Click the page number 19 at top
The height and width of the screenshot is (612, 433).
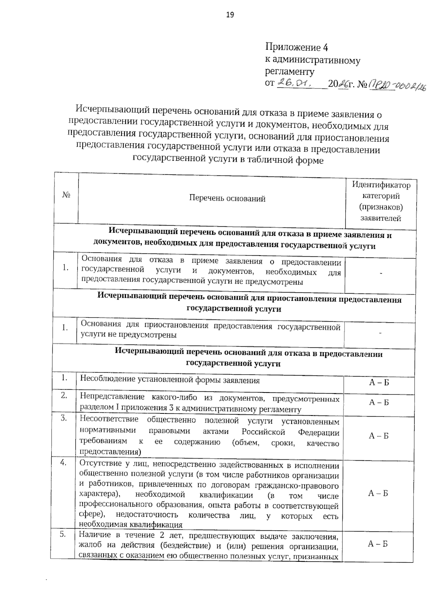(230, 15)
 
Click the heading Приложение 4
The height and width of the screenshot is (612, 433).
(296, 47)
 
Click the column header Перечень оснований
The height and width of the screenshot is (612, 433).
(227, 198)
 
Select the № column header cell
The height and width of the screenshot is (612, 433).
(66, 195)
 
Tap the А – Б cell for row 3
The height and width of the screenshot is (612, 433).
(379, 436)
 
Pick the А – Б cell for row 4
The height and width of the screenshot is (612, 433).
(378, 493)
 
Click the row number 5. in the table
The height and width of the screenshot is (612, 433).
(63, 535)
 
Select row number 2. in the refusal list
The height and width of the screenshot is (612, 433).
(64, 395)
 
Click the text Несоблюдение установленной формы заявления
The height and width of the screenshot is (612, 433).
(170, 380)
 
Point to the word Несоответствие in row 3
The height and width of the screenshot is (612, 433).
(109, 419)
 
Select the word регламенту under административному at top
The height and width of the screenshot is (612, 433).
(289, 71)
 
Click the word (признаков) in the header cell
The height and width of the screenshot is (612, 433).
(381, 207)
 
